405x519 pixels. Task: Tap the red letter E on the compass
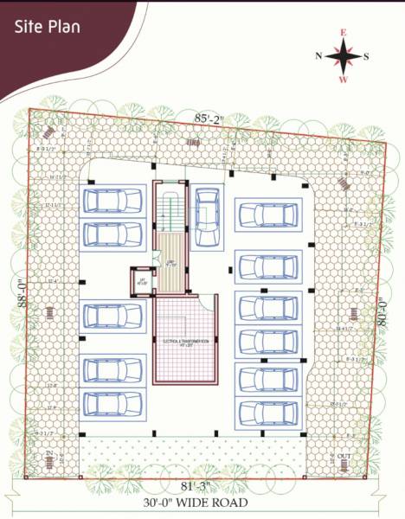344,34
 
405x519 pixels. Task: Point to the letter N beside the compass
318,56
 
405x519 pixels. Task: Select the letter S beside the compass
367,56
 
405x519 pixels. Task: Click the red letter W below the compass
344,80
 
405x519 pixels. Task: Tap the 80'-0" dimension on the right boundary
380,310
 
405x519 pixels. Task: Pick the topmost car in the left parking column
112,202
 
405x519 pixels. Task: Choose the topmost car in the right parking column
268,214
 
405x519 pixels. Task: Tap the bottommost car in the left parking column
112,404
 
